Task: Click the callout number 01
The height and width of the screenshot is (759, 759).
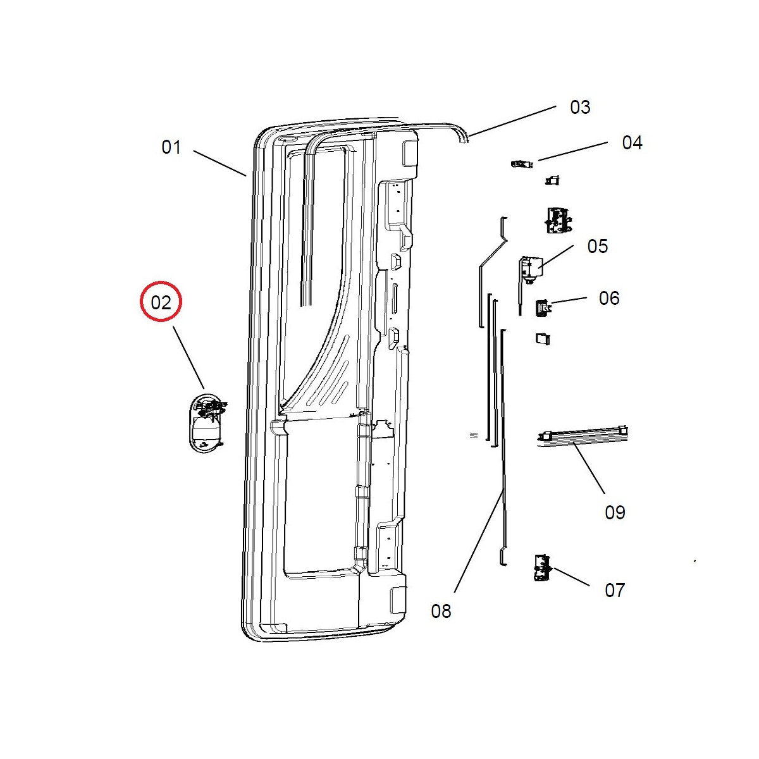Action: (171, 147)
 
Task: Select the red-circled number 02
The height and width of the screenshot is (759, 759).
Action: (161, 302)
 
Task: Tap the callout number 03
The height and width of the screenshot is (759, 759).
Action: (580, 107)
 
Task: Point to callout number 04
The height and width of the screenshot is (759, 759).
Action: (632, 142)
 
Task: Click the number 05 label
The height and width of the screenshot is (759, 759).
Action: (597, 246)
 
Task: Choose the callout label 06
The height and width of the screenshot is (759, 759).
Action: (609, 298)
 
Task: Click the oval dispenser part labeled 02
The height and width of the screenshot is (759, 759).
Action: (207, 423)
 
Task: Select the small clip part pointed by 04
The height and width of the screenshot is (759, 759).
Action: (521, 164)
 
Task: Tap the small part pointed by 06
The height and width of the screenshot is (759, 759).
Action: (542, 307)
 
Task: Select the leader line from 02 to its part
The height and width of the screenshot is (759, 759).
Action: (189, 357)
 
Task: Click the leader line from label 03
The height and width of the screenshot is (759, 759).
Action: (512, 121)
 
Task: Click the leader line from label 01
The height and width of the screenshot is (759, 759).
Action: (219, 163)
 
